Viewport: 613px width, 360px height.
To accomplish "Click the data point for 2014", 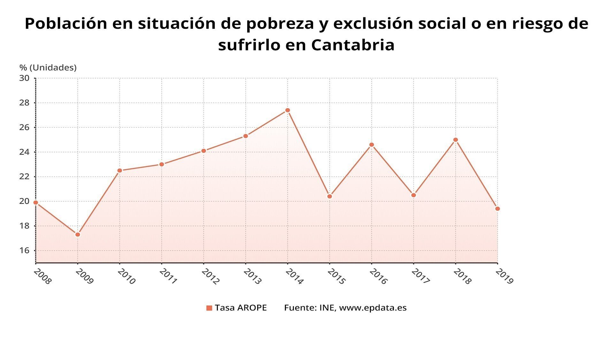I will (287, 110).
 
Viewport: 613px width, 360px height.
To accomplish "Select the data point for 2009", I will (78, 234).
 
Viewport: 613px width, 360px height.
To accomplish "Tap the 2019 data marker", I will (497, 209).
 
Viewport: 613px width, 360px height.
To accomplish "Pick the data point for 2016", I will (372, 145).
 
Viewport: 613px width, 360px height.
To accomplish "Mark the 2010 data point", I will (120, 171).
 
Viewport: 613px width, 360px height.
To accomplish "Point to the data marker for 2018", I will (456, 140).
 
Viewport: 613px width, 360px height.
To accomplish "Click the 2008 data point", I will (36, 203).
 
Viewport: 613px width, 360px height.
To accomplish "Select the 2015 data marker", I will (330, 196).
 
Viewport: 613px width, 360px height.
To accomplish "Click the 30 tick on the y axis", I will (24, 78).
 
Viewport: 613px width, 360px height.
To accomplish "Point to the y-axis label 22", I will (24, 177).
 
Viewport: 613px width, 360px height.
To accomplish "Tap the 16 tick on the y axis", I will (24, 250).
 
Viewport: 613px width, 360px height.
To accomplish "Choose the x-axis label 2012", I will (210, 277).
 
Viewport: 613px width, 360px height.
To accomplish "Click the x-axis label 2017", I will (420, 277).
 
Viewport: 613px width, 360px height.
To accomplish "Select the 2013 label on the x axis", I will (252, 277).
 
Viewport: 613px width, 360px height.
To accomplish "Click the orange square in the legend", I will (209, 308).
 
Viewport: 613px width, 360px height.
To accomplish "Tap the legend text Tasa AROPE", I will (241, 308).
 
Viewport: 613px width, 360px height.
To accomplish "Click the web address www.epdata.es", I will (372, 308).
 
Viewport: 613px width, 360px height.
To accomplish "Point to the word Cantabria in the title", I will (353, 45).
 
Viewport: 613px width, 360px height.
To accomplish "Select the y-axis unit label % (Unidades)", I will (48, 68).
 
